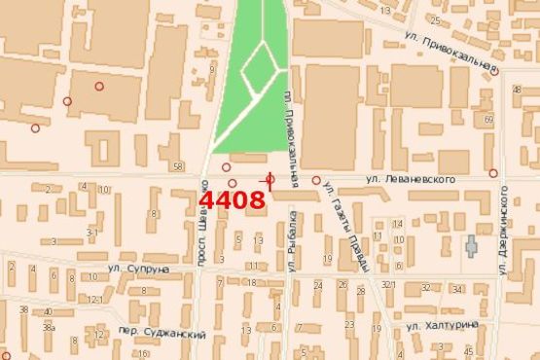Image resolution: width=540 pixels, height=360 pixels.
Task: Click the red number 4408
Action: tap(233, 200)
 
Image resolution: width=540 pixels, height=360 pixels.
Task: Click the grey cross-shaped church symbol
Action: tap(472, 245)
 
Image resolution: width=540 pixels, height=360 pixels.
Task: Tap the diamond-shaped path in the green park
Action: tap(259, 66)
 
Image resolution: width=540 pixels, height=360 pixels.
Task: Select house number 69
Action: tap(487, 119)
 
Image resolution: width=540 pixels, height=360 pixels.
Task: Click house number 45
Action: tap(470, 350)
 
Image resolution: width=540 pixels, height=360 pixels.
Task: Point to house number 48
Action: tap(515, 90)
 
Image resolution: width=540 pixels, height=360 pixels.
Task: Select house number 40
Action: tap(46, 312)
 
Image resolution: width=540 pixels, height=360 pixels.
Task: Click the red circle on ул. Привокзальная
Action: tap(495, 71)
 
